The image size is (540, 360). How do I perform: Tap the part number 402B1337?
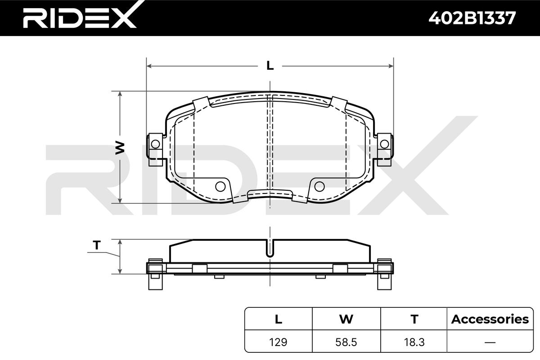click(x=472, y=18)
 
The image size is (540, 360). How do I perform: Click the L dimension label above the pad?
click(x=270, y=66)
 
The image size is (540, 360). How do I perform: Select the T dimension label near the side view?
click(x=97, y=245)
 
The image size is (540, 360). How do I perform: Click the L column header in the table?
click(x=279, y=319)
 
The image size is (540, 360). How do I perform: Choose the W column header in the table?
click(x=346, y=319)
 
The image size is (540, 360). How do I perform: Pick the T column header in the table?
click(x=414, y=319)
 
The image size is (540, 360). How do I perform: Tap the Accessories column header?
click(x=490, y=319)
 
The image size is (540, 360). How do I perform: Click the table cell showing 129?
click(x=278, y=342)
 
